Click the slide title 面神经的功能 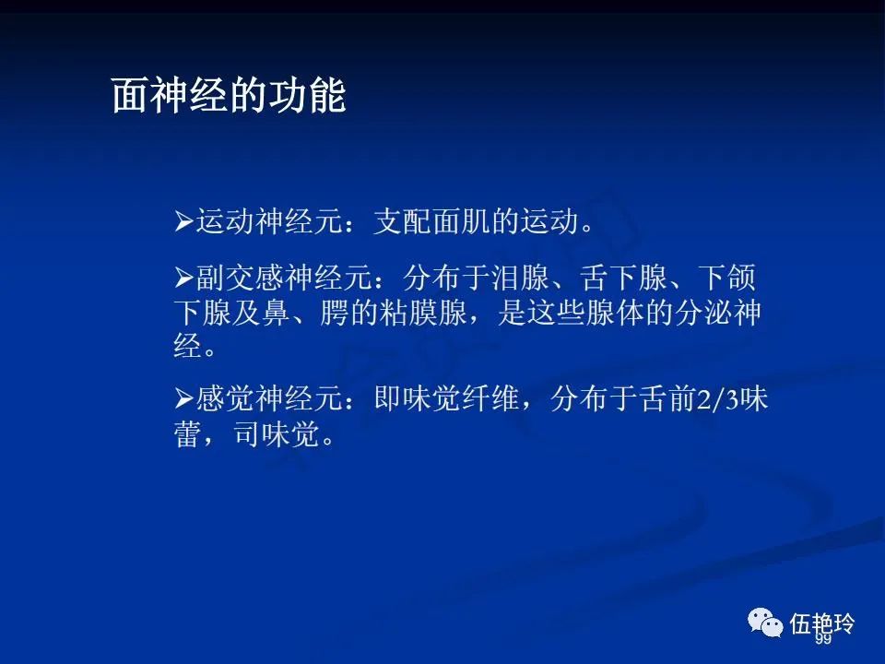tap(229, 95)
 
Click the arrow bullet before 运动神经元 tap(184, 221)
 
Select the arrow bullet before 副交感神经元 tap(184, 278)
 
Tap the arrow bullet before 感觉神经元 tap(184, 398)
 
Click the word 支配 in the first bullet tap(403, 220)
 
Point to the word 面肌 tap(461, 220)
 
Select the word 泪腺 tap(520, 278)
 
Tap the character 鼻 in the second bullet tap(276, 313)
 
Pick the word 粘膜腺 tap(423, 313)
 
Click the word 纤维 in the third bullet tap(490, 398)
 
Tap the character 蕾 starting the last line tap(188, 434)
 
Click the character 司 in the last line tap(247, 434)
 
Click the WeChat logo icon tap(765, 622)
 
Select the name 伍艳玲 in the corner tap(821, 623)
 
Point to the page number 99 tap(823, 638)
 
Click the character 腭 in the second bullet tap(335, 313)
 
